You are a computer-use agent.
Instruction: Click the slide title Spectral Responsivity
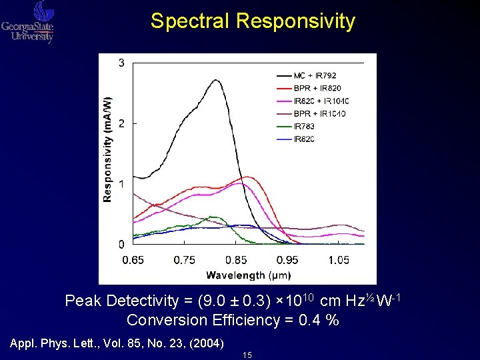[x=253, y=21]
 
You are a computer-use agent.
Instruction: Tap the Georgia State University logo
[x=28, y=22]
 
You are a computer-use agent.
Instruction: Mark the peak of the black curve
[x=216, y=80]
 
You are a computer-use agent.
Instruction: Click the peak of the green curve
[x=213, y=217]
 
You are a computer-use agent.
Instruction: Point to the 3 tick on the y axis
[x=121, y=63]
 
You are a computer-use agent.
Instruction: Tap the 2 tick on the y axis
[x=121, y=123]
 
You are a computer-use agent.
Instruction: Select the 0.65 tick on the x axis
[x=133, y=260]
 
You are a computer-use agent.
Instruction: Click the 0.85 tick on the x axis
[x=236, y=260]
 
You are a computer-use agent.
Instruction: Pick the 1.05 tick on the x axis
[x=339, y=260]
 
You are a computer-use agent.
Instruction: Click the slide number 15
[x=247, y=355]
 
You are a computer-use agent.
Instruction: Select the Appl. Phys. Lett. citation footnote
[x=117, y=344]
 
